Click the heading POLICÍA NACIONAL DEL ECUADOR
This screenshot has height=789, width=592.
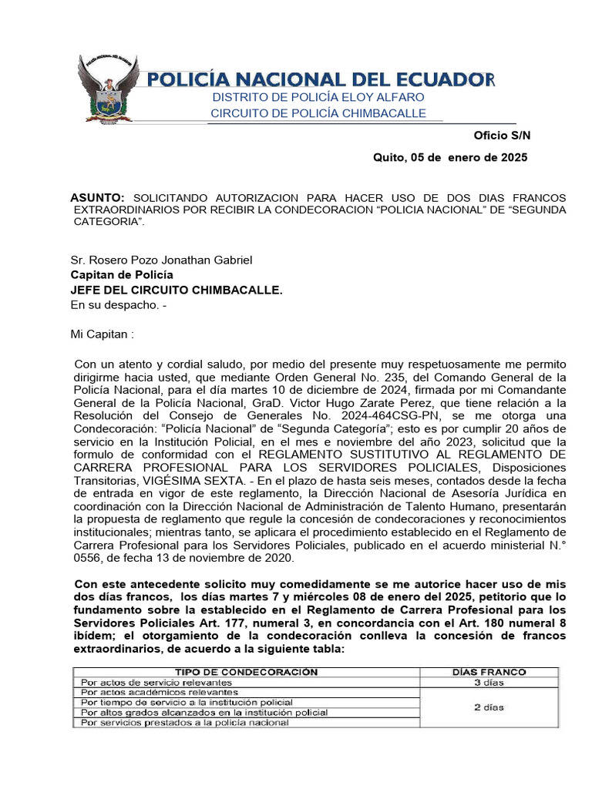321,79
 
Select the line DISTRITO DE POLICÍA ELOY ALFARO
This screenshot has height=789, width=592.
318,97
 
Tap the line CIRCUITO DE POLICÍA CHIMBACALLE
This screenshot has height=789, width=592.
318,113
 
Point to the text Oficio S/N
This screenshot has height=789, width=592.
502,135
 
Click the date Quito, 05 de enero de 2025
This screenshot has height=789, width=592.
450,157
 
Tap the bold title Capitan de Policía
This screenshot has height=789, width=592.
122,275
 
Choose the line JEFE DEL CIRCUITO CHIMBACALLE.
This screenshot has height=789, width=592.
177,290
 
